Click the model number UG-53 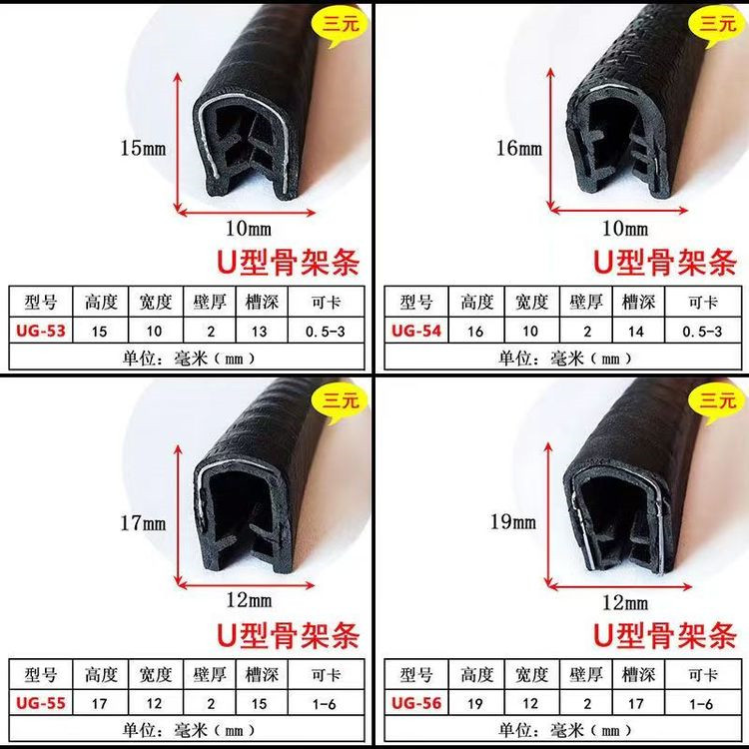41,331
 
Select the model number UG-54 416,331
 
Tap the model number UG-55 41,703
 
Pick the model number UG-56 416,703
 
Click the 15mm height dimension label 143,148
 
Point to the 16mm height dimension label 519,148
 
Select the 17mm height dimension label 143,523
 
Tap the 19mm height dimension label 513,521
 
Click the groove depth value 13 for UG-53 259,331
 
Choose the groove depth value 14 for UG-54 636,331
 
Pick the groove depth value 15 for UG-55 259,704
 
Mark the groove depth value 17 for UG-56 636,704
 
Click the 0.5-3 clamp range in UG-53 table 325,331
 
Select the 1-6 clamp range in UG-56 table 701,704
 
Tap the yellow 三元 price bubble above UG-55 341,400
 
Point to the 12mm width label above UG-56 625,603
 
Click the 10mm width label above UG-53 249,229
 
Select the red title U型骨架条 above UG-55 288,635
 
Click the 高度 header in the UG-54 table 476,302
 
